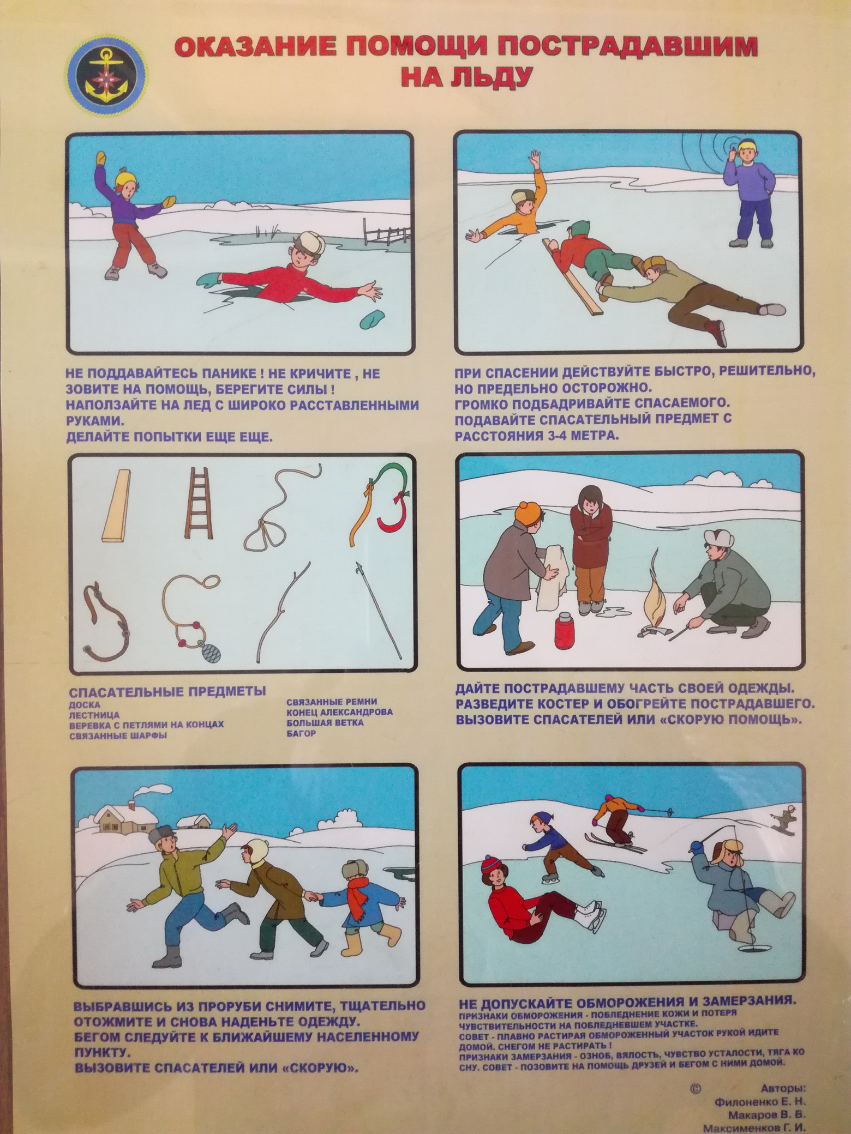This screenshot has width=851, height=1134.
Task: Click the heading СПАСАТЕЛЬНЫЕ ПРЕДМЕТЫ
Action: pos(167,691)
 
